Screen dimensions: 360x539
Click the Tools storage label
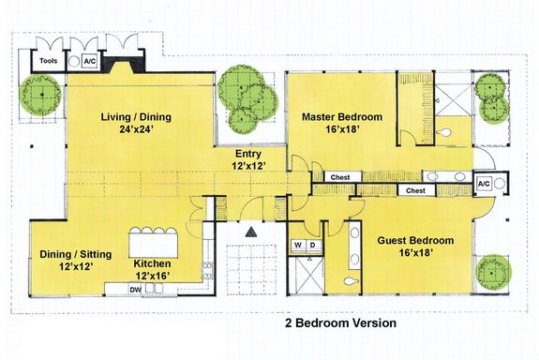(48, 61)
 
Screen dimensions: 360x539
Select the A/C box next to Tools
(90, 61)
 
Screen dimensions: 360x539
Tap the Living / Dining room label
(140, 117)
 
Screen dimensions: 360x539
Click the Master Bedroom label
(341, 117)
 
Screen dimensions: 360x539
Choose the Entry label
(248, 153)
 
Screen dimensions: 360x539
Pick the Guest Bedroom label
(415, 241)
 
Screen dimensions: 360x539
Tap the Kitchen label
(152, 263)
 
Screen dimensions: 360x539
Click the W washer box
(299, 246)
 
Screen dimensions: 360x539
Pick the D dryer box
(314, 246)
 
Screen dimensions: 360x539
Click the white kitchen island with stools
(155, 232)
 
